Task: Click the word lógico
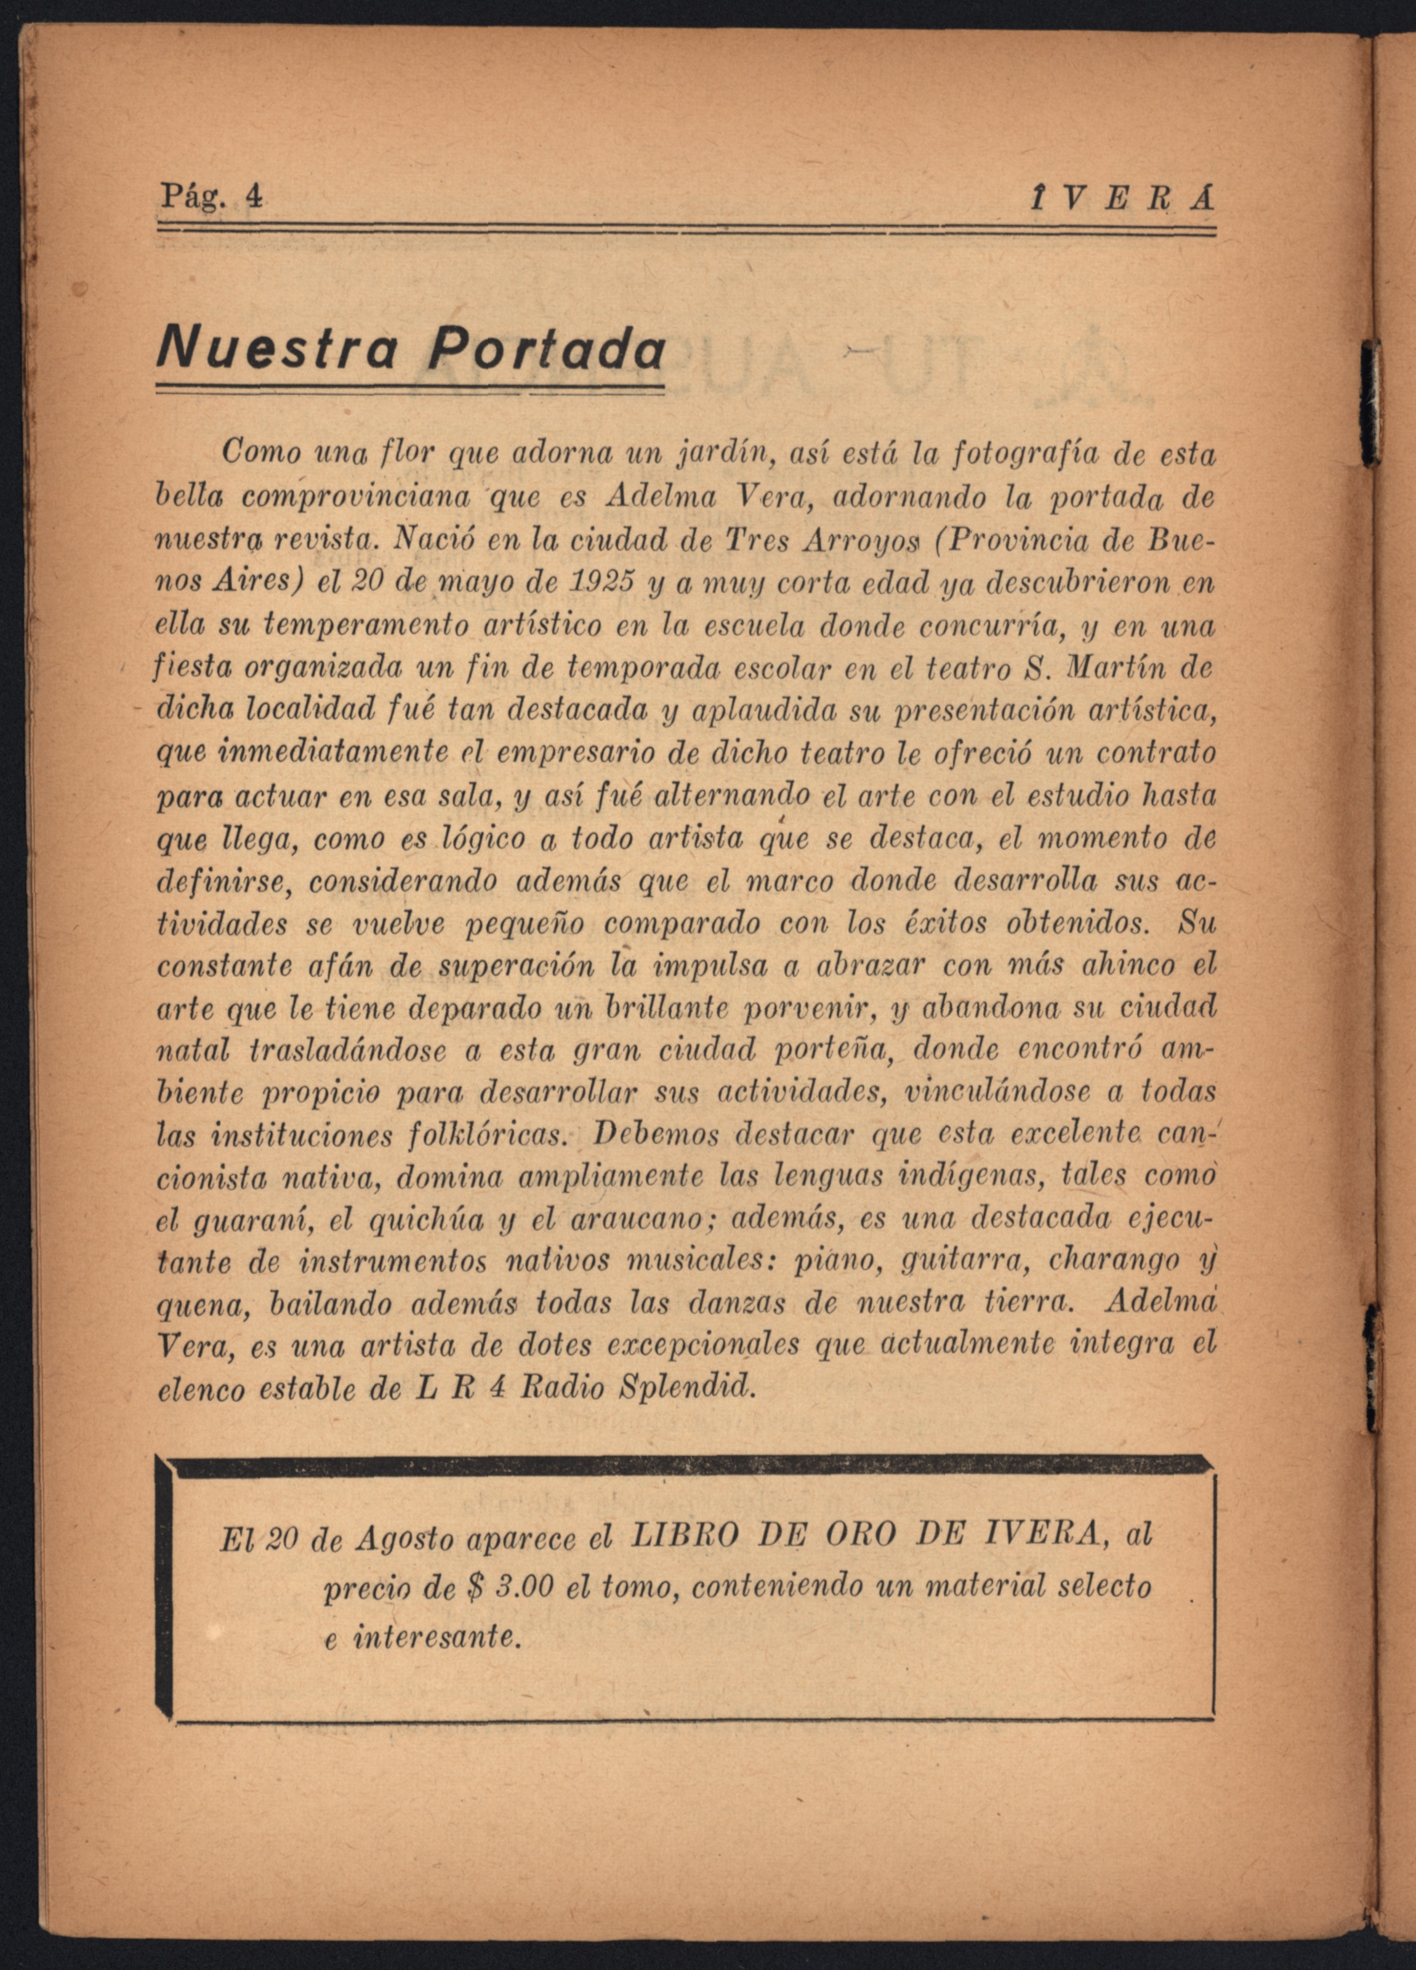click(x=481, y=840)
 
